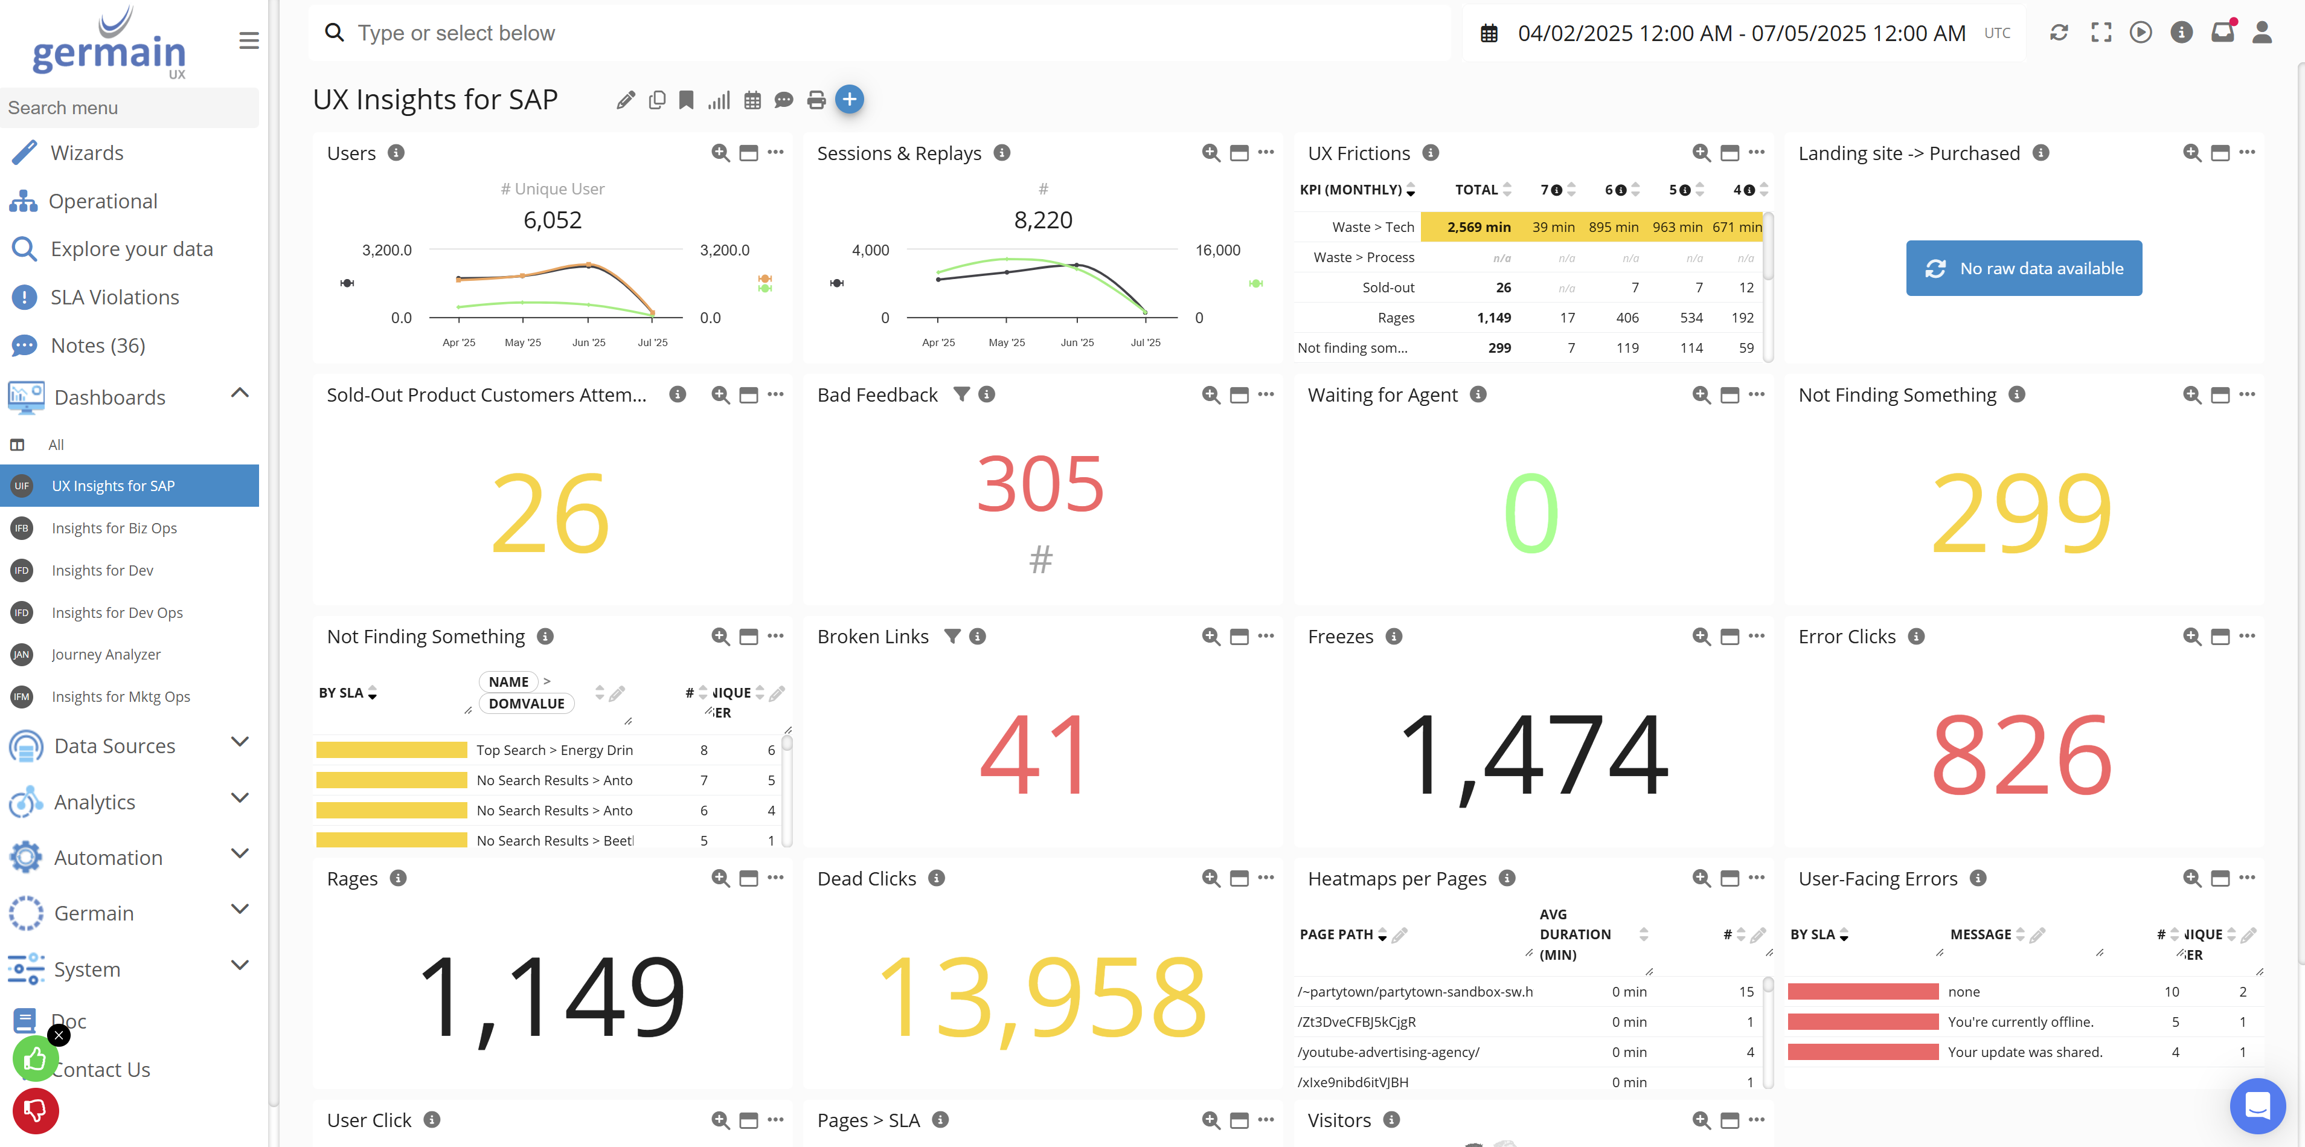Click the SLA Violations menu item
click(x=115, y=297)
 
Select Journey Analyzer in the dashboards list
click(x=106, y=654)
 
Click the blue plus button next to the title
click(x=849, y=99)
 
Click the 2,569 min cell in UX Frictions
click(x=1478, y=227)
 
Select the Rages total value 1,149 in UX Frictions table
click(x=1493, y=318)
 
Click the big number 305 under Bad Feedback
click(x=1040, y=484)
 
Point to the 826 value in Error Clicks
click(x=2021, y=754)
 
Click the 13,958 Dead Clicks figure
click(x=1042, y=996)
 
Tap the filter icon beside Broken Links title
click(x=952, y=636)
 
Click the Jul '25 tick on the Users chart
click(x=652, y=342)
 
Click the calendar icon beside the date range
click(x=1489, y=34)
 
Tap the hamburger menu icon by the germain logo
click(x=249, y=41)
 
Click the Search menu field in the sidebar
click(x=130, y=108)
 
